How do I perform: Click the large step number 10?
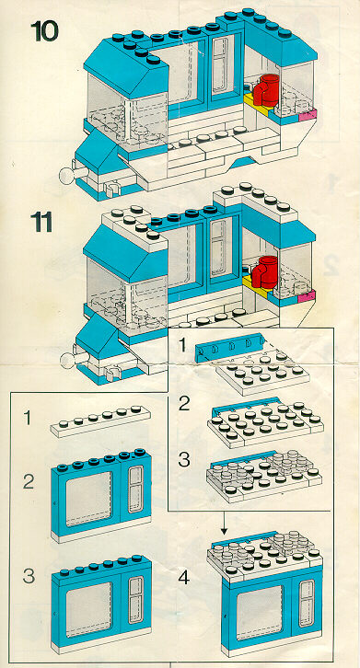[x=44, y=31]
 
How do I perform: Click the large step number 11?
[x=41, y=222]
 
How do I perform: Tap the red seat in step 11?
[x=264, y=271]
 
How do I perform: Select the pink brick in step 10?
[x=308, y=115]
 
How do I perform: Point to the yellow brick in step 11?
[x=255, y=286]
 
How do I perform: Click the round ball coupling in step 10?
[x=67, y=175]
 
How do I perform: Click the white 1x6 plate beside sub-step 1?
[x=100, y=420]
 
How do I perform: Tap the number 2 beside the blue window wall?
[x=29, y=482]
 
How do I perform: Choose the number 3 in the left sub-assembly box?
[x=29, y=576]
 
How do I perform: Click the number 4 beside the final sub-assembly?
[x=183, y=578]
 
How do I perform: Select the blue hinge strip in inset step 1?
[x=228, y=346]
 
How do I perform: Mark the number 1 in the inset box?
[x=182, y=345]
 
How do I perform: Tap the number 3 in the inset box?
[x=183, y=460]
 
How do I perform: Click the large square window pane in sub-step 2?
[x=88, y=499]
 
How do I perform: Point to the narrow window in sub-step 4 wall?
[x=306, y=603]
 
